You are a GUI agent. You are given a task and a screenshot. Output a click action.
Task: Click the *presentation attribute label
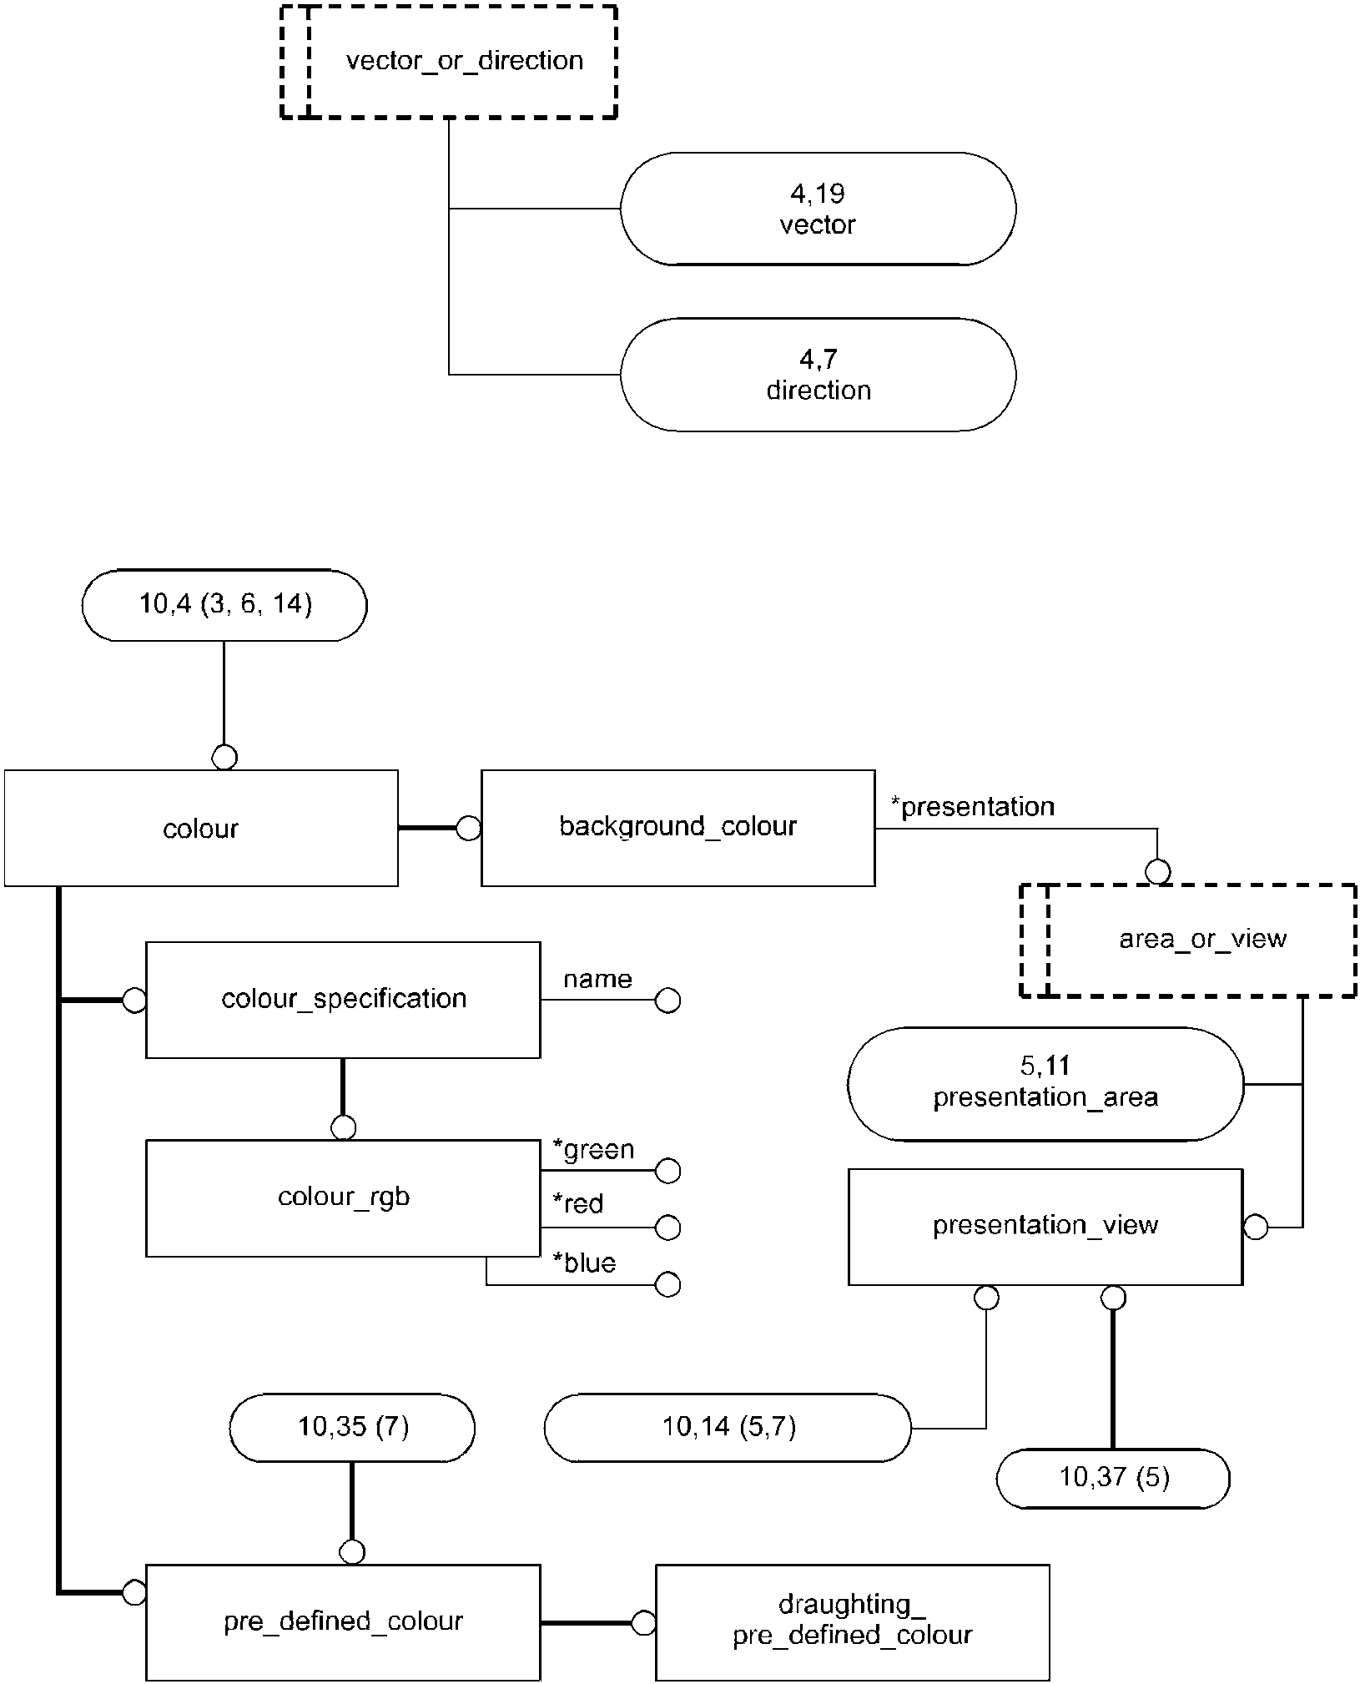coord(973,807)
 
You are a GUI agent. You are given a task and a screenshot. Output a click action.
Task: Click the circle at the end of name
coord(667,1001)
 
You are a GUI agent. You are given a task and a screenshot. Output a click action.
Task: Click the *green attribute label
coord(594,1150)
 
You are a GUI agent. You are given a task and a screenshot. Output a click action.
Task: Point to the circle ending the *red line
coord(668,1228)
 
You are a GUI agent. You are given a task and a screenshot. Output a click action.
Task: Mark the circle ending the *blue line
coord(668,1284)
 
